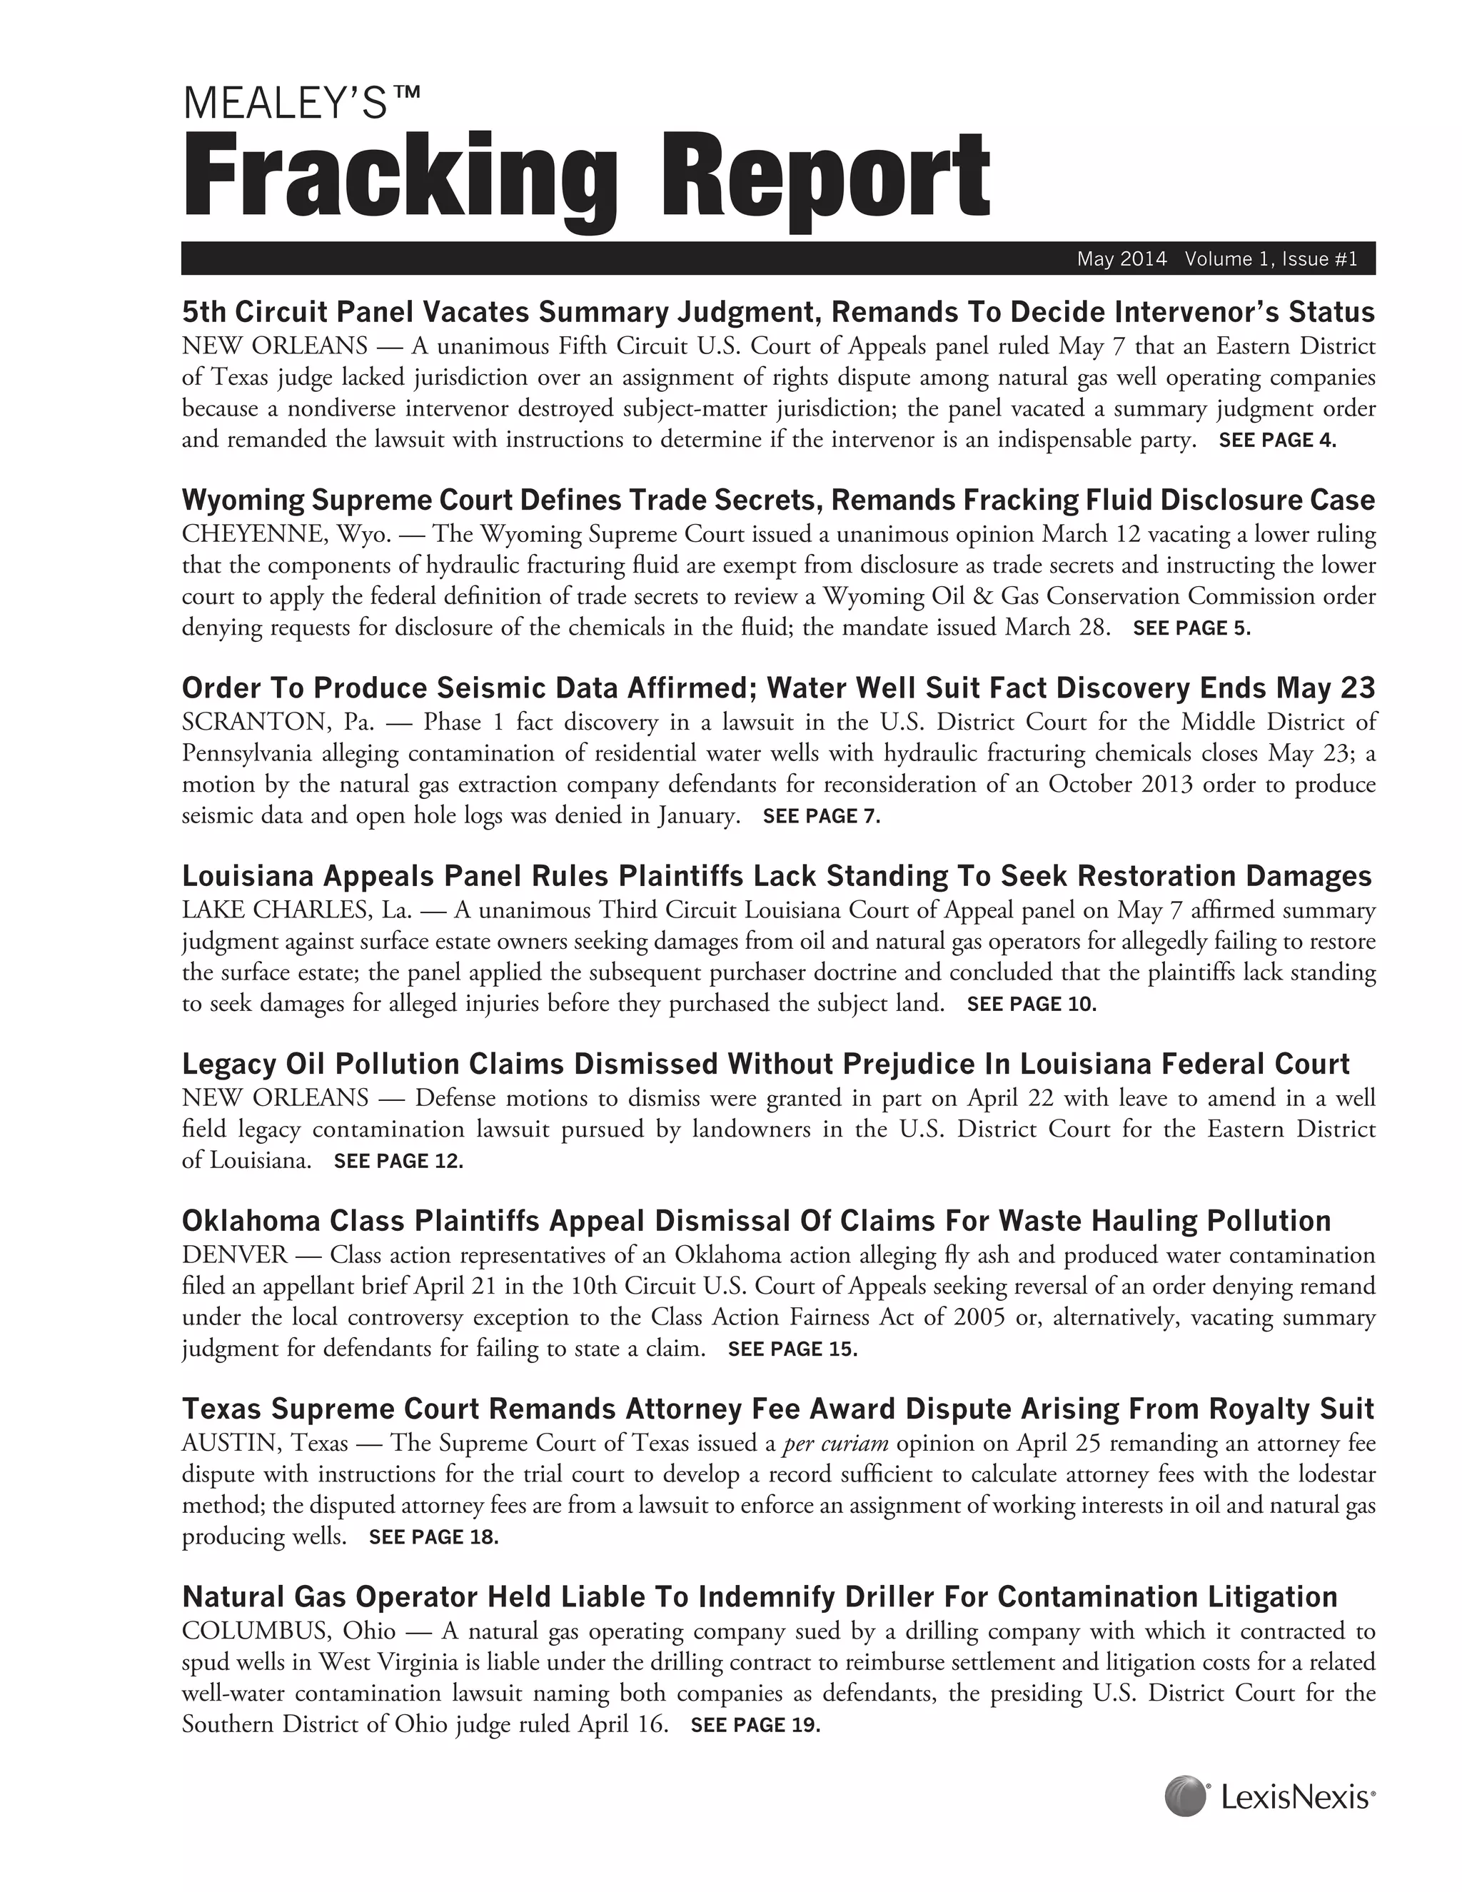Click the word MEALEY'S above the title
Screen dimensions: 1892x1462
point(286,104)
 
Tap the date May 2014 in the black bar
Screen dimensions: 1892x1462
point(1121,259)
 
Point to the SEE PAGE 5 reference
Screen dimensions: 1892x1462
point(1191,628)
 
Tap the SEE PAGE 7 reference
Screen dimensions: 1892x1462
point(821,816)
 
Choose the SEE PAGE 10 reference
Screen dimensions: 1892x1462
point(1032,1004)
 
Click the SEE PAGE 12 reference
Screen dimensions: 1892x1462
point(398,1161)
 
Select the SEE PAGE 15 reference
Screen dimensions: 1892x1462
point(792,1349)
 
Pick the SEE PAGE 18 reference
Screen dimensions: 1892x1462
point(434,1537)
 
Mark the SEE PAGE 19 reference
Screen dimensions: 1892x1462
point(755,1725)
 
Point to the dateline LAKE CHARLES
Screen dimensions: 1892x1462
point(277,910)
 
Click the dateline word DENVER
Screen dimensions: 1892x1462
point(234,1255)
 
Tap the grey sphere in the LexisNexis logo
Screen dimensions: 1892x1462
point(1185,1796)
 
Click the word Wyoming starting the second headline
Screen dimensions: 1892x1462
point(243,500)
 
